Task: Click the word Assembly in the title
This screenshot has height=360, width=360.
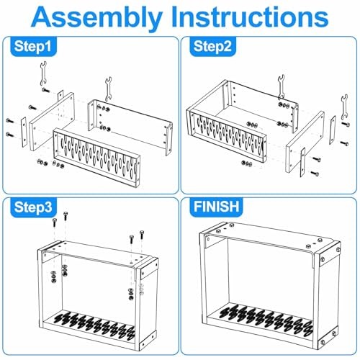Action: click(x=96, y=18)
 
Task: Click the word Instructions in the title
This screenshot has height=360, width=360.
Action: click(x=250, y=16)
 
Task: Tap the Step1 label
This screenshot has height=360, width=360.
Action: click(x=32, y=46)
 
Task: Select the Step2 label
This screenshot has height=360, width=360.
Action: click(x=212, y=46)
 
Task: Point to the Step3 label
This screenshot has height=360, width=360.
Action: click(x=32, y=207)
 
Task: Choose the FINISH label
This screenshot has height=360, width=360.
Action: click(x=216, y=207)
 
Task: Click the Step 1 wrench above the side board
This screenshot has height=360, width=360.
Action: click(x=43, y=73)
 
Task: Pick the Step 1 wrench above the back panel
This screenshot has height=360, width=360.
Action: click(x=108, y=89)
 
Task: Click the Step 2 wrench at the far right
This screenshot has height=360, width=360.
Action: click(x=344, y=107)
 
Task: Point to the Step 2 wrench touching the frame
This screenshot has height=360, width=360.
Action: click(x=281, y=87)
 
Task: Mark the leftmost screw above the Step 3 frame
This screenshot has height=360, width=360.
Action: click(x=55, y=222)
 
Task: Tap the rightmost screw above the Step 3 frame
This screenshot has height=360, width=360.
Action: click(x=142, y=235)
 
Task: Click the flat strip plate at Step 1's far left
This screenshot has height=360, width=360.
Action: click(x=23, y=132)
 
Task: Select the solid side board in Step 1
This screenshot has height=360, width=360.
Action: click(x=52, y=122)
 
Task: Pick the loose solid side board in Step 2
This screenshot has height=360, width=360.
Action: click(x=305, y=142)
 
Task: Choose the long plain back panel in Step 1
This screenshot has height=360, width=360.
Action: click(x=130, y=127)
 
